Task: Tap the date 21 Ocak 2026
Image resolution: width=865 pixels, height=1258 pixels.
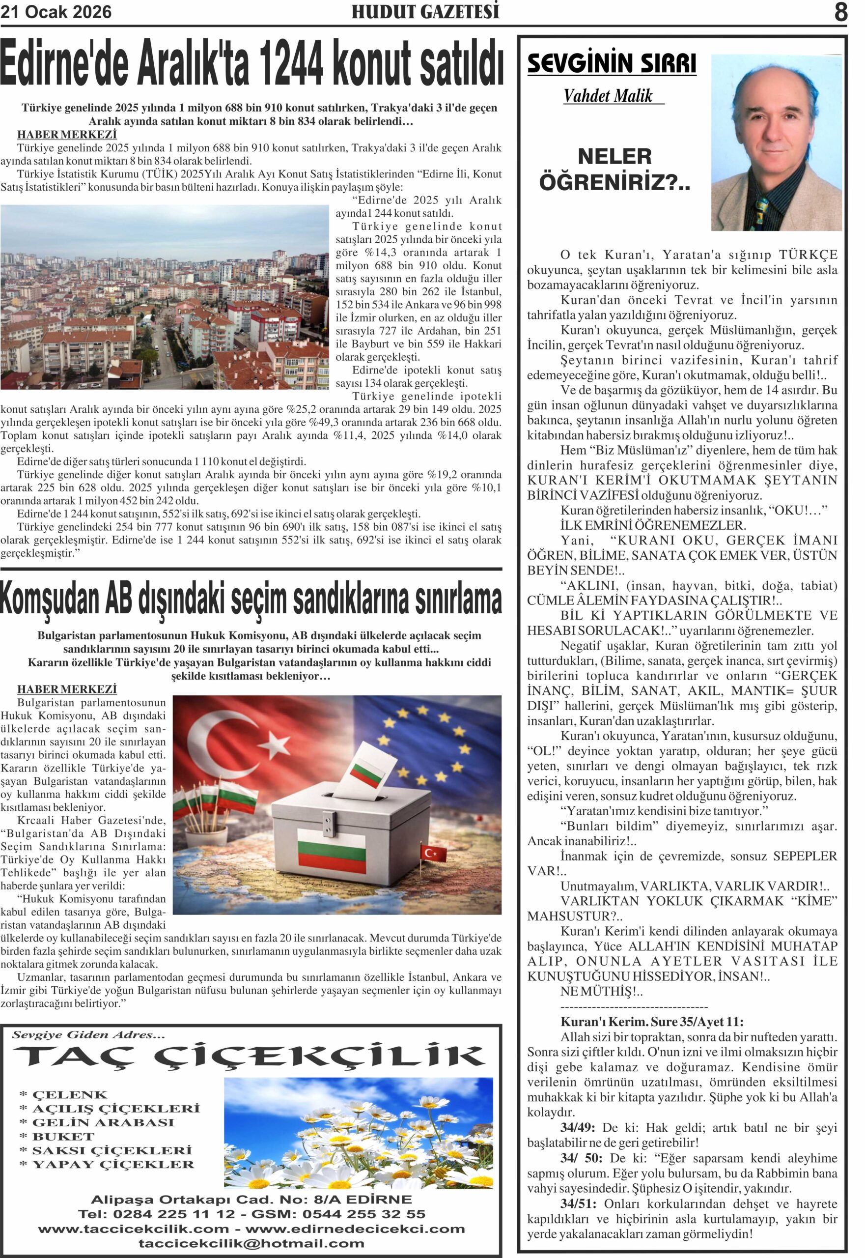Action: tap(56, 12)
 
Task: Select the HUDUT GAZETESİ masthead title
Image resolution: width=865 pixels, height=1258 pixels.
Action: tap(425, 12)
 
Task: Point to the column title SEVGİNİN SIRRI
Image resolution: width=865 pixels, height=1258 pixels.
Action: tap(612, 63)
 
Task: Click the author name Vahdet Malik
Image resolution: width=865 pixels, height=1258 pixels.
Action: tap(608, 96)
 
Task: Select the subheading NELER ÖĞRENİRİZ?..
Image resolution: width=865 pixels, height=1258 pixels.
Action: tap(614, 170)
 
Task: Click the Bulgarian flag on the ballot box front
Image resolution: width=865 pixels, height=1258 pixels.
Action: tap(332, 848)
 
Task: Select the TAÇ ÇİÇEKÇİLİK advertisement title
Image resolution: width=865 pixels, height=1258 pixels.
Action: tap(249, 1056)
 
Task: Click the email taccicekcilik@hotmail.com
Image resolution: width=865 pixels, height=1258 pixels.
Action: tap(251, 1243)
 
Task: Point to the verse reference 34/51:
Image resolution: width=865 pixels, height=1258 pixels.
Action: tap(578, 1204)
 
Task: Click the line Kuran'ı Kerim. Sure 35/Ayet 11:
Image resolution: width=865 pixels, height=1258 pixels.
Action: tap(651, 1022)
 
